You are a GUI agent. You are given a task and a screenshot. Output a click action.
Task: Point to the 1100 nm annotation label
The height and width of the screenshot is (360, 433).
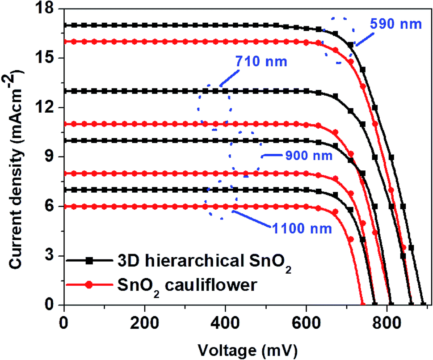[302, 229]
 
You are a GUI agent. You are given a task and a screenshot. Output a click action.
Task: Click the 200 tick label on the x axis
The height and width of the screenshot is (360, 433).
[145, 321]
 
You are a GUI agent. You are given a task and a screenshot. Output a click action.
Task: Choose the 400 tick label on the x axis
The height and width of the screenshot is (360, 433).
[225, 321]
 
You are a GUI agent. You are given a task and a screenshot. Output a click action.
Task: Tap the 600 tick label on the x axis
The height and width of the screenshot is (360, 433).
[306, 321]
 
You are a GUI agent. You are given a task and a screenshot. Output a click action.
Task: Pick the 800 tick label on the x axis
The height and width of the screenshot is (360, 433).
[387, 321]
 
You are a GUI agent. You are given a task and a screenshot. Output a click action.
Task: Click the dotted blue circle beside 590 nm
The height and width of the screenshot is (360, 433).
[339, 40]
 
